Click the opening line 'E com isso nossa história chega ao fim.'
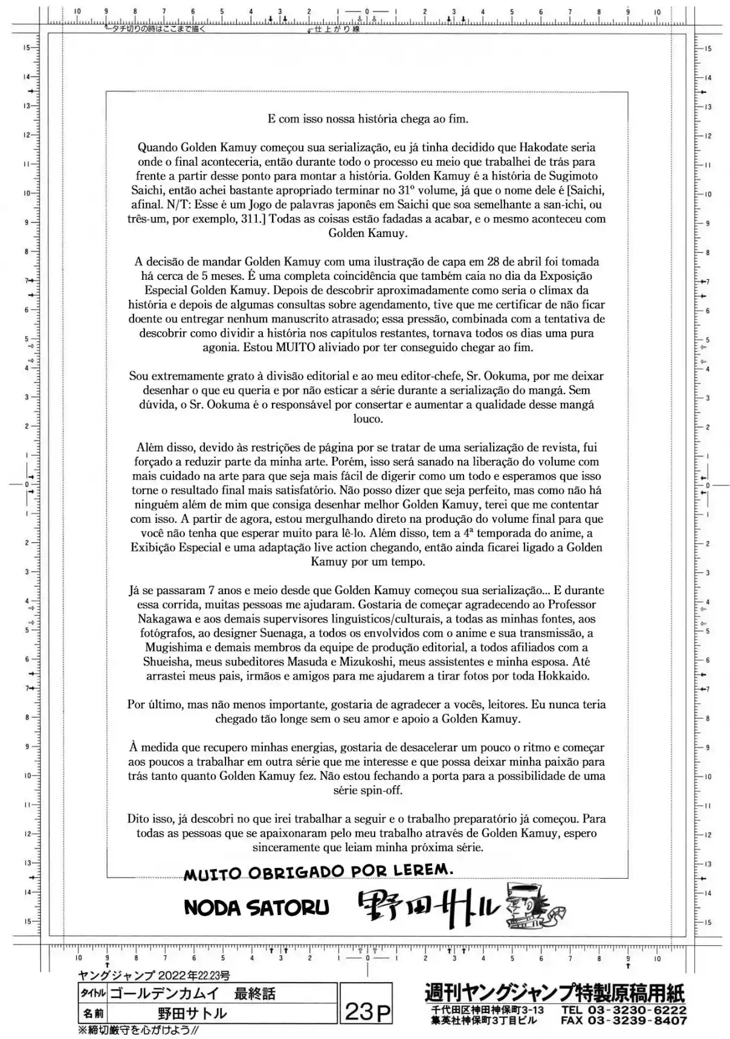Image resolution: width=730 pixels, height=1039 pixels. [367, 118]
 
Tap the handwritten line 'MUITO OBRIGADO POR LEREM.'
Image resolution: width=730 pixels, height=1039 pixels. [318, 872]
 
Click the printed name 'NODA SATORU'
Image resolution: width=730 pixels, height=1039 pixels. [256, 907]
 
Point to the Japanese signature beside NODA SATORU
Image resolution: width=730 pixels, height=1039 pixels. [428, 907]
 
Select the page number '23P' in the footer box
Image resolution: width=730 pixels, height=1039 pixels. [367, 1011]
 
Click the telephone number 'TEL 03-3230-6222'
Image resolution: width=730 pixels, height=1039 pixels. [623, 1010]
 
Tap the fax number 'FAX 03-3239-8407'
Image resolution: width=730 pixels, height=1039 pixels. [623, 1021]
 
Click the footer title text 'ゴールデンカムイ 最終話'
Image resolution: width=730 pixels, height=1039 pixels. [202, 994]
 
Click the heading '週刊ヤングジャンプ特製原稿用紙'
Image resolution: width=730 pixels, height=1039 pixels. [555, 993]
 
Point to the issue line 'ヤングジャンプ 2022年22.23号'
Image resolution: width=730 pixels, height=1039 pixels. [154, 976]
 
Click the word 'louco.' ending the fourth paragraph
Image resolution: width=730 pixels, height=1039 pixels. [367, 419]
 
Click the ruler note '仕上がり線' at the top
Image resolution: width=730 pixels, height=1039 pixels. [336, 29]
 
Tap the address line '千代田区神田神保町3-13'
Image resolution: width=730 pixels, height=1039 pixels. [487, 1010]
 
